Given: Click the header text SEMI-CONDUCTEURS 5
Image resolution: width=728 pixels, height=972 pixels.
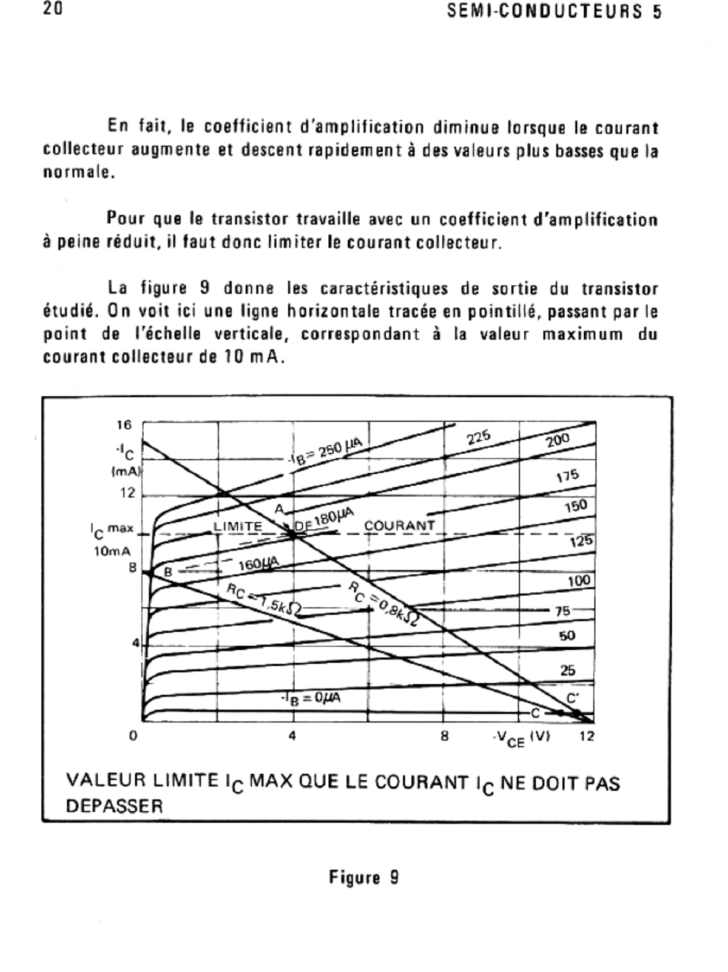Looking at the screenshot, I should tap(554, 12).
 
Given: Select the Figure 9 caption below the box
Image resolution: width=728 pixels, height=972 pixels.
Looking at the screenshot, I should tap(363, 877).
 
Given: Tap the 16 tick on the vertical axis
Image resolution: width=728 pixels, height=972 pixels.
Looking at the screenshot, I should tap(124, 425).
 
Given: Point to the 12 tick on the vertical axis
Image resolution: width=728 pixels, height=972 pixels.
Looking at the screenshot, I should tap(127, 493).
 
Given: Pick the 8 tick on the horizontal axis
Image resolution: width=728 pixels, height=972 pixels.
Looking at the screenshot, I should tap(445, 736).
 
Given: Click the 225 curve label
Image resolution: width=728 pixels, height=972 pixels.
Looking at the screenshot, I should tap(479, 437).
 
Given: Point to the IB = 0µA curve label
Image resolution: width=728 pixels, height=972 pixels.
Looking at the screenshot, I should tap(312, 698).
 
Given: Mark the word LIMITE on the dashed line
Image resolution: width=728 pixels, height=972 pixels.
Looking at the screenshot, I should tap(238, 526).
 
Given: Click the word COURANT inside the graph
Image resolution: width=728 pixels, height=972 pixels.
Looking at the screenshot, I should tap(399, 525).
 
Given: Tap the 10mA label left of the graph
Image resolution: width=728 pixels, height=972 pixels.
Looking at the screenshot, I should tap(112, 552).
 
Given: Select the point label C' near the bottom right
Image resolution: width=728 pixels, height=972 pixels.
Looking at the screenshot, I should tap(573, 698).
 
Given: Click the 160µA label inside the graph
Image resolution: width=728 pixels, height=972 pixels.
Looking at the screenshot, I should tap(258, 564).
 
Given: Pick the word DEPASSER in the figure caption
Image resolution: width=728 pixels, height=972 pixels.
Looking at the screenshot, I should tap(115, 806).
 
